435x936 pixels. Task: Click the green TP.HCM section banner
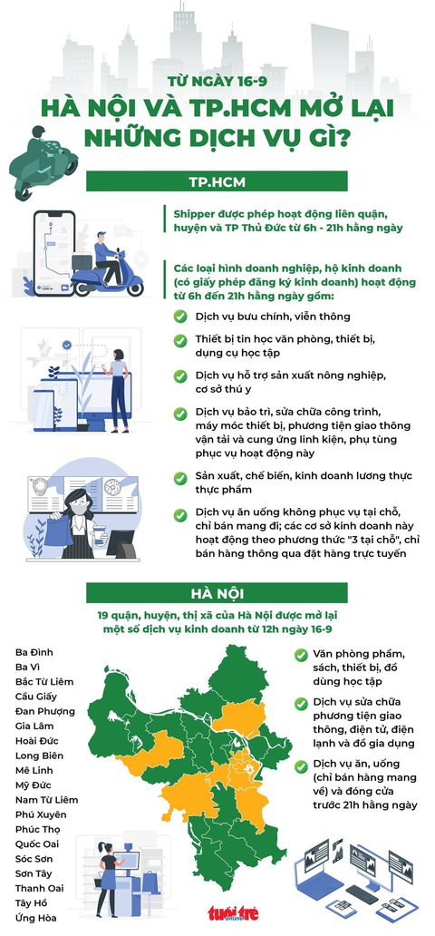217,180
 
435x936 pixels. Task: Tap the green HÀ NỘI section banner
217,593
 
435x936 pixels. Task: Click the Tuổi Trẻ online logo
233,912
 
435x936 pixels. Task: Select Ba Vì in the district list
27,667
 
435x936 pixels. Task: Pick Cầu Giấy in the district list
36,696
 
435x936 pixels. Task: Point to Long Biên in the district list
39,756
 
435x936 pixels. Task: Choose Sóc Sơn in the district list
34,858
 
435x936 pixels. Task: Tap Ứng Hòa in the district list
36,918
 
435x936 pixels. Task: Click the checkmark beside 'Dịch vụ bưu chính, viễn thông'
180,317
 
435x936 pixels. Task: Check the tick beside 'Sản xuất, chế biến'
180,478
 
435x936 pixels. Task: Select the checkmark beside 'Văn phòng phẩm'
302,655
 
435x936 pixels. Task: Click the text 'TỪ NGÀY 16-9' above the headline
217,82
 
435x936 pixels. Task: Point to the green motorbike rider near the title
42,161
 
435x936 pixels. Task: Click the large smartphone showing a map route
53,254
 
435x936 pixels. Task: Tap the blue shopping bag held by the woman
59,531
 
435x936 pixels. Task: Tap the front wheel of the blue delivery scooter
135,288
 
